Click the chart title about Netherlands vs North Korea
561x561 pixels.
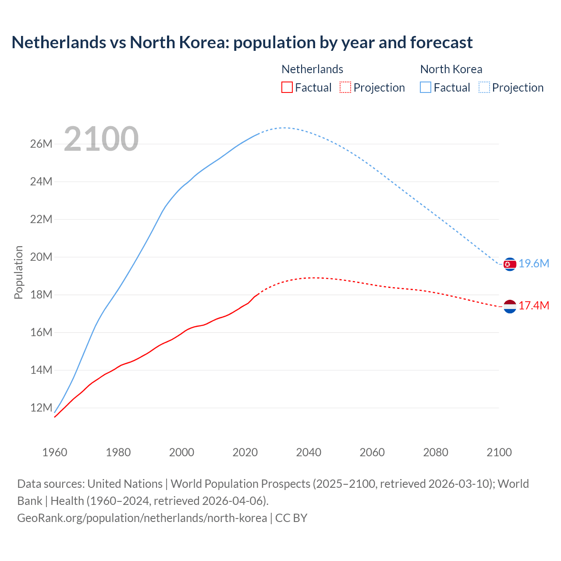coord(242,43)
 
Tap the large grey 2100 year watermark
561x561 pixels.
coord(101,139)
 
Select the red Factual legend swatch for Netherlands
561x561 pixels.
coord(287,87)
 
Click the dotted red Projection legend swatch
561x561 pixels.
coord(345,87)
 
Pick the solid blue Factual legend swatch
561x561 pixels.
coord(426,87)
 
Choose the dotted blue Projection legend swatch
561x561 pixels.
coord(484,87)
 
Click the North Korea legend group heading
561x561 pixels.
coord(451,69)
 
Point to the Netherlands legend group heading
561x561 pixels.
coord(312,69)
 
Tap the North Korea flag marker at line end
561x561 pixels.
coord(510,264)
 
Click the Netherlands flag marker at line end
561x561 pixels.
coord(510,306)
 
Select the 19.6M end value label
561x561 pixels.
coord(534,263)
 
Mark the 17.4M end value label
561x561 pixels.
coord(534,305)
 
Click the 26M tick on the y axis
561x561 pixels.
coord(41,144)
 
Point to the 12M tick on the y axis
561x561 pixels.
coord(41,408)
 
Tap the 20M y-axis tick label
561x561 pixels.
coord(41,257)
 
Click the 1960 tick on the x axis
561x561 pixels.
coord(55,452)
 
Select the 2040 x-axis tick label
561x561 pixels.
coord(309,452)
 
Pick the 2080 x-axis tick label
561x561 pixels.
coord(436,452)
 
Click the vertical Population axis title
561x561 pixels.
coord(18,272)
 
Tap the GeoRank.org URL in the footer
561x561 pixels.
coord(142,518)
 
